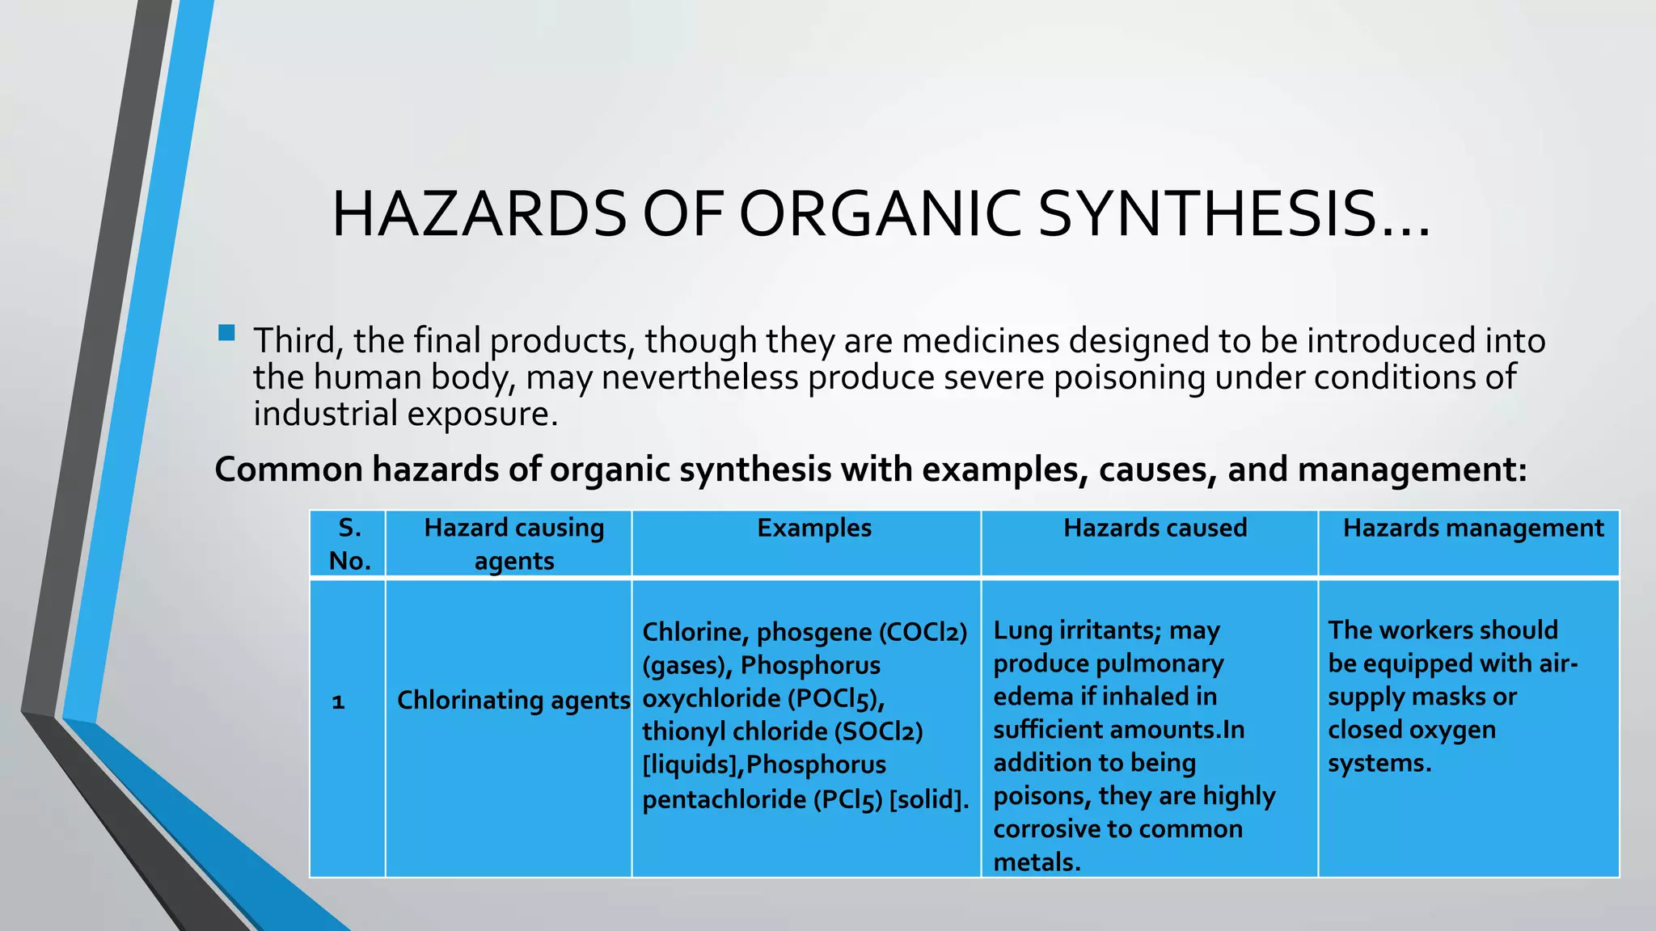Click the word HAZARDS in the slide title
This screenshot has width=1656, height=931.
479,215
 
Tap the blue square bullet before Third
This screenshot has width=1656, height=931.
226,332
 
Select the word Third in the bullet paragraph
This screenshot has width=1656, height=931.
294,341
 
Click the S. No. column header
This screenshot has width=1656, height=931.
349,544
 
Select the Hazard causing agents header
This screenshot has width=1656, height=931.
513,544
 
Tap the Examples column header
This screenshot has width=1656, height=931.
814,529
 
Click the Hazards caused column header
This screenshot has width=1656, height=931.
1155,529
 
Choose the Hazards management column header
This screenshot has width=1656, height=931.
1472,529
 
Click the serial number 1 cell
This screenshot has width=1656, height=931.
338,701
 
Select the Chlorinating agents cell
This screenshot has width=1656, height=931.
513,700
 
